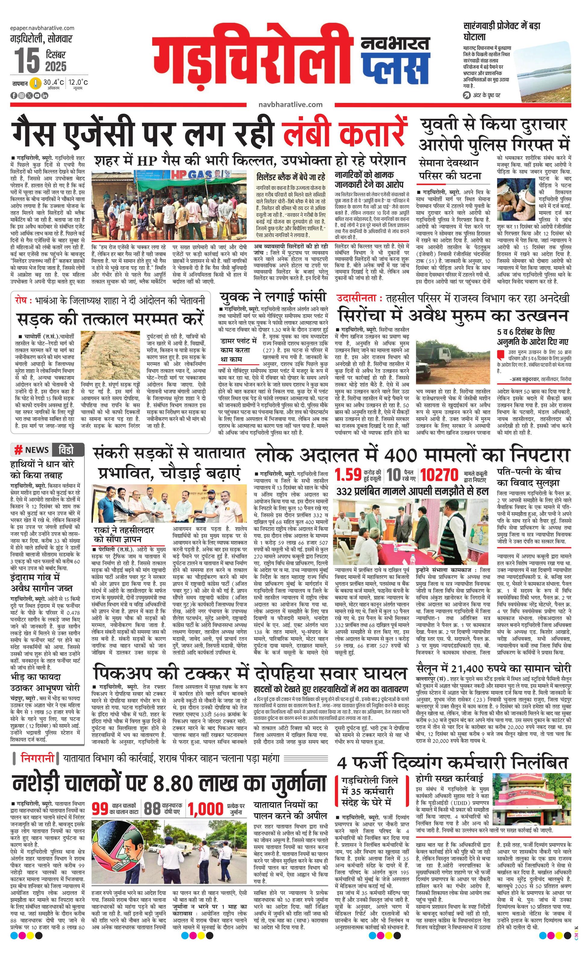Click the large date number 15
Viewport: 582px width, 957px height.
(27, 61)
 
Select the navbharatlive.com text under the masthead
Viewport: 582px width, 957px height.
(290, 104)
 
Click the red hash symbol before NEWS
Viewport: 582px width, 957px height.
(18, 450)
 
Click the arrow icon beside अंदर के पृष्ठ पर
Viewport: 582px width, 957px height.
(466, 95)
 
